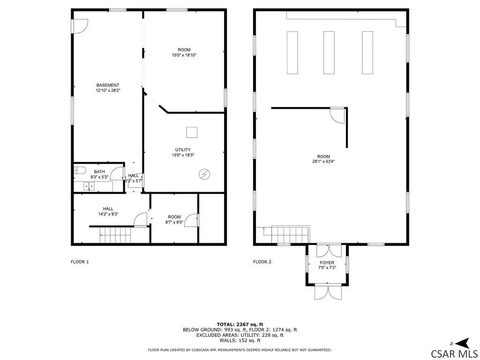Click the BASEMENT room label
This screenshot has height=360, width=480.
click(x=108, y=85)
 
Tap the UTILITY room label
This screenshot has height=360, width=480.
click(x=183, y=150)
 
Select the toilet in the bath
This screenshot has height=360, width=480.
click(x=79, y=170)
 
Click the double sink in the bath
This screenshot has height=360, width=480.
click(x=89, y=186)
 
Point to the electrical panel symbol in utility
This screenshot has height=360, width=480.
click(x=204, y=174)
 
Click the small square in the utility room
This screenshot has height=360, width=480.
click(x=192, y=132)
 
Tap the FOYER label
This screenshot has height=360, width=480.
click(x=327, y=262)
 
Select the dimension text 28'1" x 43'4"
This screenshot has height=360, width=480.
click(x=323, y=162)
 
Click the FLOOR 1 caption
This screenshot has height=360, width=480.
click(x=80, y=262)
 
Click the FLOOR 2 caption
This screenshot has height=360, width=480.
click(x=262, y=262)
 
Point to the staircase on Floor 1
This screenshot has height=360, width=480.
click(x=115, y=235)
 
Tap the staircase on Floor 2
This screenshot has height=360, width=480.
click(x=290, y=234)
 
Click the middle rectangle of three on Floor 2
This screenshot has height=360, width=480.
click(x=329, y=52)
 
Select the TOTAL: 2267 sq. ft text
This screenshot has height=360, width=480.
click(x=240, y=324)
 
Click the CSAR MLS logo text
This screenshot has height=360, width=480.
click(x=454, y=353)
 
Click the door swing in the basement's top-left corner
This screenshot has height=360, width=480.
click(x=81, y=26)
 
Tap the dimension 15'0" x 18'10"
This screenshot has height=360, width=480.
click(x=184, y=55)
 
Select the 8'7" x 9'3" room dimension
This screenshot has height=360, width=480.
click(x=174, y=222)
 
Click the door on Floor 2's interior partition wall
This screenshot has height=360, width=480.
click(x=338, y=116)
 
